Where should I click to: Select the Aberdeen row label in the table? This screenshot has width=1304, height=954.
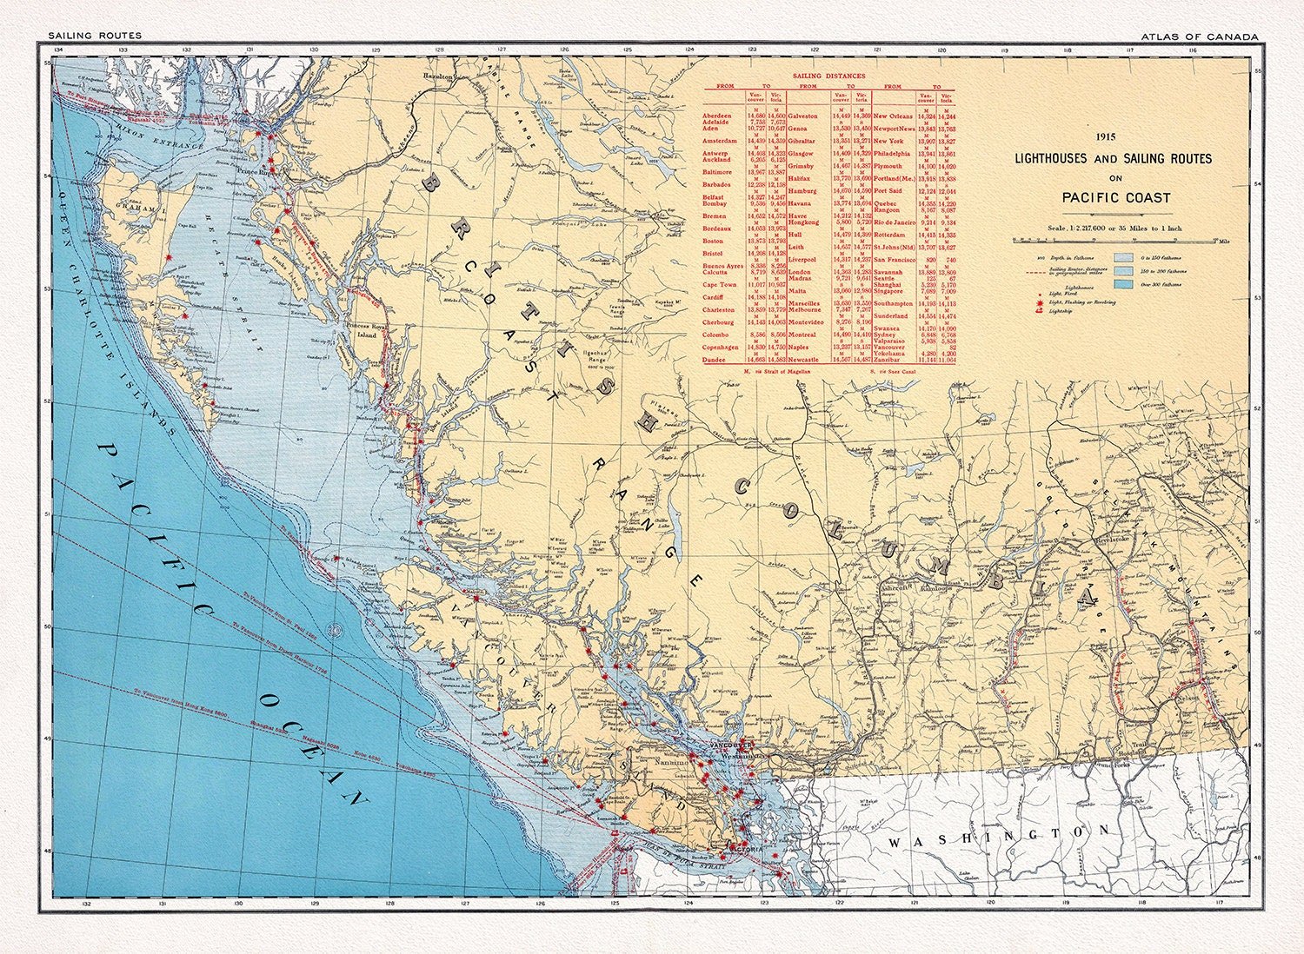717,116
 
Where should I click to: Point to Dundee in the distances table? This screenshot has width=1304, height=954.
715,360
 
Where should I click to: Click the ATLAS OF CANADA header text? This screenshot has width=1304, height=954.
1201,36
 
